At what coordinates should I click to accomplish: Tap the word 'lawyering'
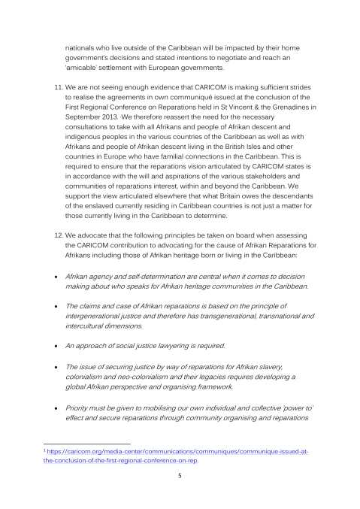coord(184,346)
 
